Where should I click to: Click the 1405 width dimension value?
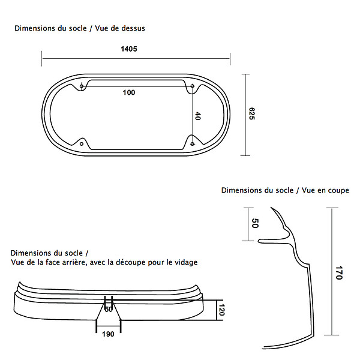tap(129, 49)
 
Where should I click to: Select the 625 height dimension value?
tap(252, 113)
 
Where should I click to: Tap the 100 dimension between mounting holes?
tap(129, 92)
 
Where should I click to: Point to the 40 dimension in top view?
tap(197, 116)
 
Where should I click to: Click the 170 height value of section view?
tap(339, 273)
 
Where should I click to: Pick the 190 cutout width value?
tap(108, 334)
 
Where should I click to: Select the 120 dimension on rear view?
tap(221, 310)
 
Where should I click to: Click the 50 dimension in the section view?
tap(255, 223)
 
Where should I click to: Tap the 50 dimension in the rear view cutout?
tap(109, 310)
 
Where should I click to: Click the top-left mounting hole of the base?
tap(82, 86)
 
